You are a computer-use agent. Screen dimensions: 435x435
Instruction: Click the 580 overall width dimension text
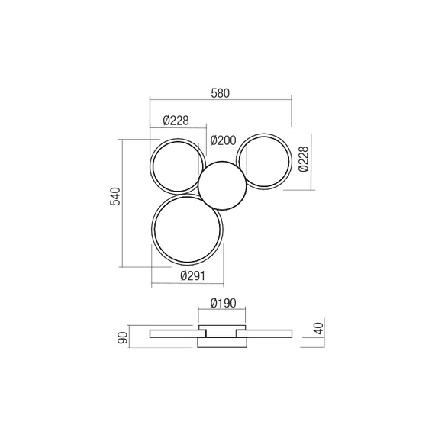tap(220, 93)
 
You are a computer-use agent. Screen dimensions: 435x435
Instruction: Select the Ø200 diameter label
tap(222, 140)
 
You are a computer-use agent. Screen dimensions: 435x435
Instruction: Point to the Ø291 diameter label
tap(187, 277)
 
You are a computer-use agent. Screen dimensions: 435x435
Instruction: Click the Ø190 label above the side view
tap(222, 302)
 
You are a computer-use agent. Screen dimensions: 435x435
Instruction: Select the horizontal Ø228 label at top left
tap(176, 120)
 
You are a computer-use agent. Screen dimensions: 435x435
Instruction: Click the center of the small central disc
tap(222, 185)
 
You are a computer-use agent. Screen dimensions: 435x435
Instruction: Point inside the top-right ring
tap(264, 161)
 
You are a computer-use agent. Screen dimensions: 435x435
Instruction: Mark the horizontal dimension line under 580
tap(220, 100)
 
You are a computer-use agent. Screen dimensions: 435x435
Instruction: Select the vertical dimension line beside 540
tap(124, 202)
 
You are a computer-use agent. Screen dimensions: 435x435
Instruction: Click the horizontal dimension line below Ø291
tap(187, 285)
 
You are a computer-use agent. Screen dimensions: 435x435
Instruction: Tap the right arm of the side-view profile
tap(267, 333)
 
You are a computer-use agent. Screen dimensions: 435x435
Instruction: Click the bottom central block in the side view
tap(222, 344)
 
